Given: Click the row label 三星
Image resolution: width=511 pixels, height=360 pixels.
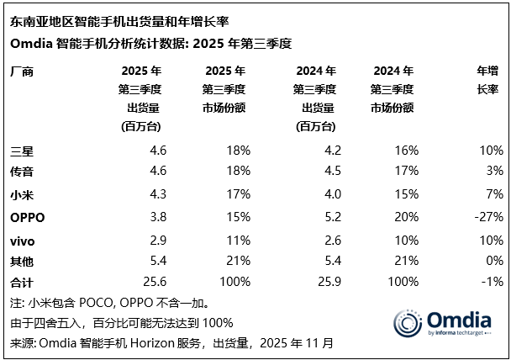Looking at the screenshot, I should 22,151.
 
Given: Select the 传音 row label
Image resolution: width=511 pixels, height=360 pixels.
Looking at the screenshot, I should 22,172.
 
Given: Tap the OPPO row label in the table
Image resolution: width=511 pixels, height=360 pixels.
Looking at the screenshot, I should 27,217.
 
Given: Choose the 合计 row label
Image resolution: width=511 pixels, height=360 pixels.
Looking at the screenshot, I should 22,284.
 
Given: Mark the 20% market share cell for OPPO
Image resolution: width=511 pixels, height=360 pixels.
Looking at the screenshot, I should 405,217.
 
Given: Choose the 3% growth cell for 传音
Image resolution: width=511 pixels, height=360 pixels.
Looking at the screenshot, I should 493,172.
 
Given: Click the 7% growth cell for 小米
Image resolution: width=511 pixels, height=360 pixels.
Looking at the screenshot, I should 493,195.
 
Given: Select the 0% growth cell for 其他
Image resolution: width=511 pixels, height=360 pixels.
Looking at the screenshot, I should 493,262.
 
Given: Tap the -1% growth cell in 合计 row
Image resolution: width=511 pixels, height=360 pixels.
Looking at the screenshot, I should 492,284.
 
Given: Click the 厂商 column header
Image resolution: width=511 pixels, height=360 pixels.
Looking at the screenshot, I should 22,71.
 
